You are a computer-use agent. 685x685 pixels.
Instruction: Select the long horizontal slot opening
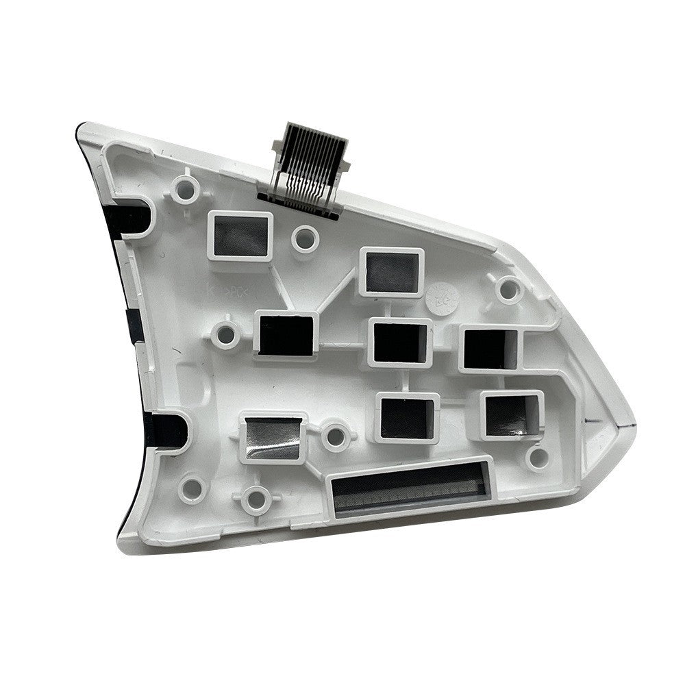[x=409, y=488]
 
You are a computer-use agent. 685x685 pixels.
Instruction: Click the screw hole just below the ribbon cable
[x=304, y=238]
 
